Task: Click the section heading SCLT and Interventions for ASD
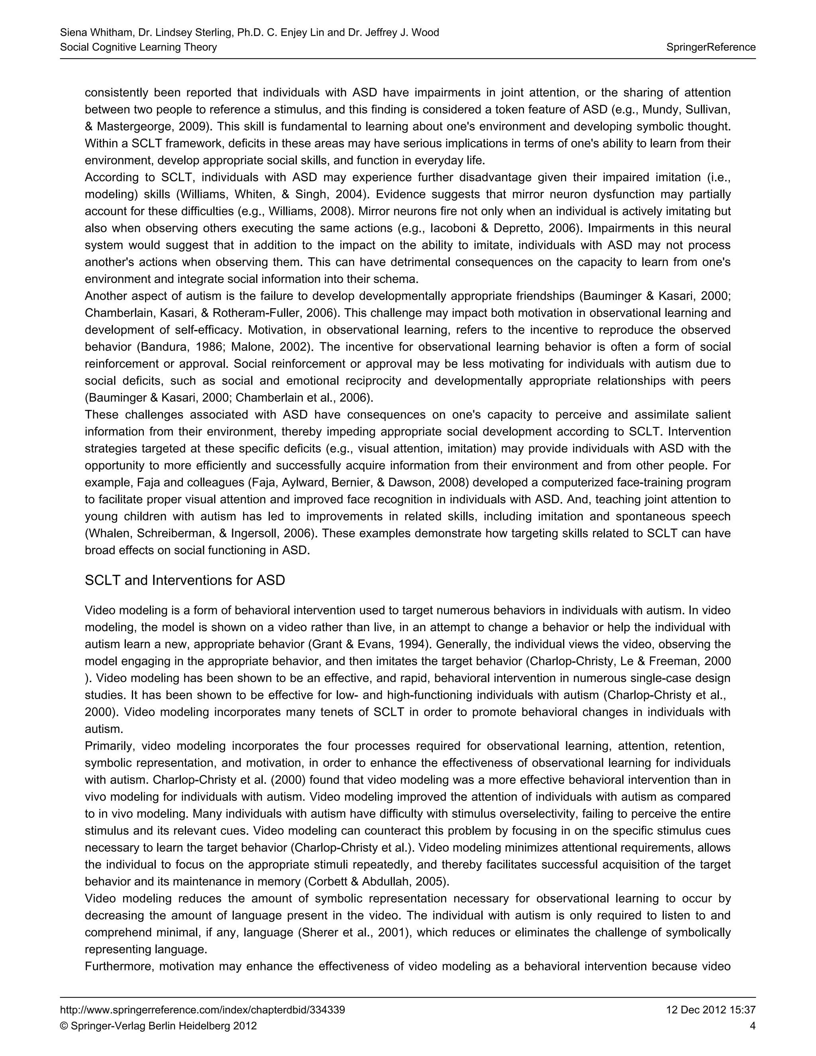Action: (x=184, y=580)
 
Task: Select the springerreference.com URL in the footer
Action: (x=202, y=1010)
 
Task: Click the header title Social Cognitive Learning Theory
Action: (x=138, y=47)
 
